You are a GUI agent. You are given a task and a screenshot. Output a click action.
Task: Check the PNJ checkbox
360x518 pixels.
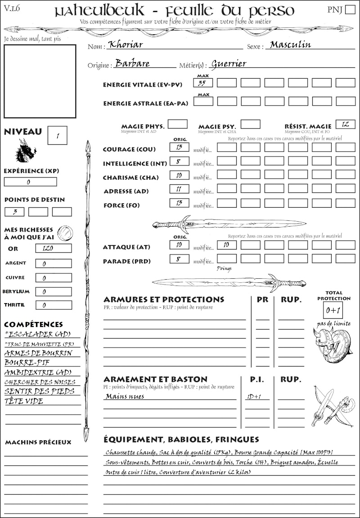[350, 9]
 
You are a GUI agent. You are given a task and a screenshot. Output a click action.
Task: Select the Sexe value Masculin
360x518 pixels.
[288, 45]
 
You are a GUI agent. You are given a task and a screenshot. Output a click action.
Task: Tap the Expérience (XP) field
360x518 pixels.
[31, 182]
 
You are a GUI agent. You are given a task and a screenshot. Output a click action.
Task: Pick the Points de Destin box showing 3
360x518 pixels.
[14, 212]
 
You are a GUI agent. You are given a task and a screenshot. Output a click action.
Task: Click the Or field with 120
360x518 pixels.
[53, 248]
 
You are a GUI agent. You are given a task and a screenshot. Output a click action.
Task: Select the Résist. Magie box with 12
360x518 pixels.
[345, 124]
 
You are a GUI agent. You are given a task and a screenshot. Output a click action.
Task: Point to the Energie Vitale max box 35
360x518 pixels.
[203, 83]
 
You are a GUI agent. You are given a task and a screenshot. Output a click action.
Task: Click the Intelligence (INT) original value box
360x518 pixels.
[179, 161]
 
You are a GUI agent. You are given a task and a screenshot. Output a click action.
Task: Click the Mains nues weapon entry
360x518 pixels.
[125, 397]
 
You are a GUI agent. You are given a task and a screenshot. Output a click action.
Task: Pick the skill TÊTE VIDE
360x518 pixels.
[24, 401]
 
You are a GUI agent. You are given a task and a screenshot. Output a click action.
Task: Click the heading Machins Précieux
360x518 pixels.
[38, 442]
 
